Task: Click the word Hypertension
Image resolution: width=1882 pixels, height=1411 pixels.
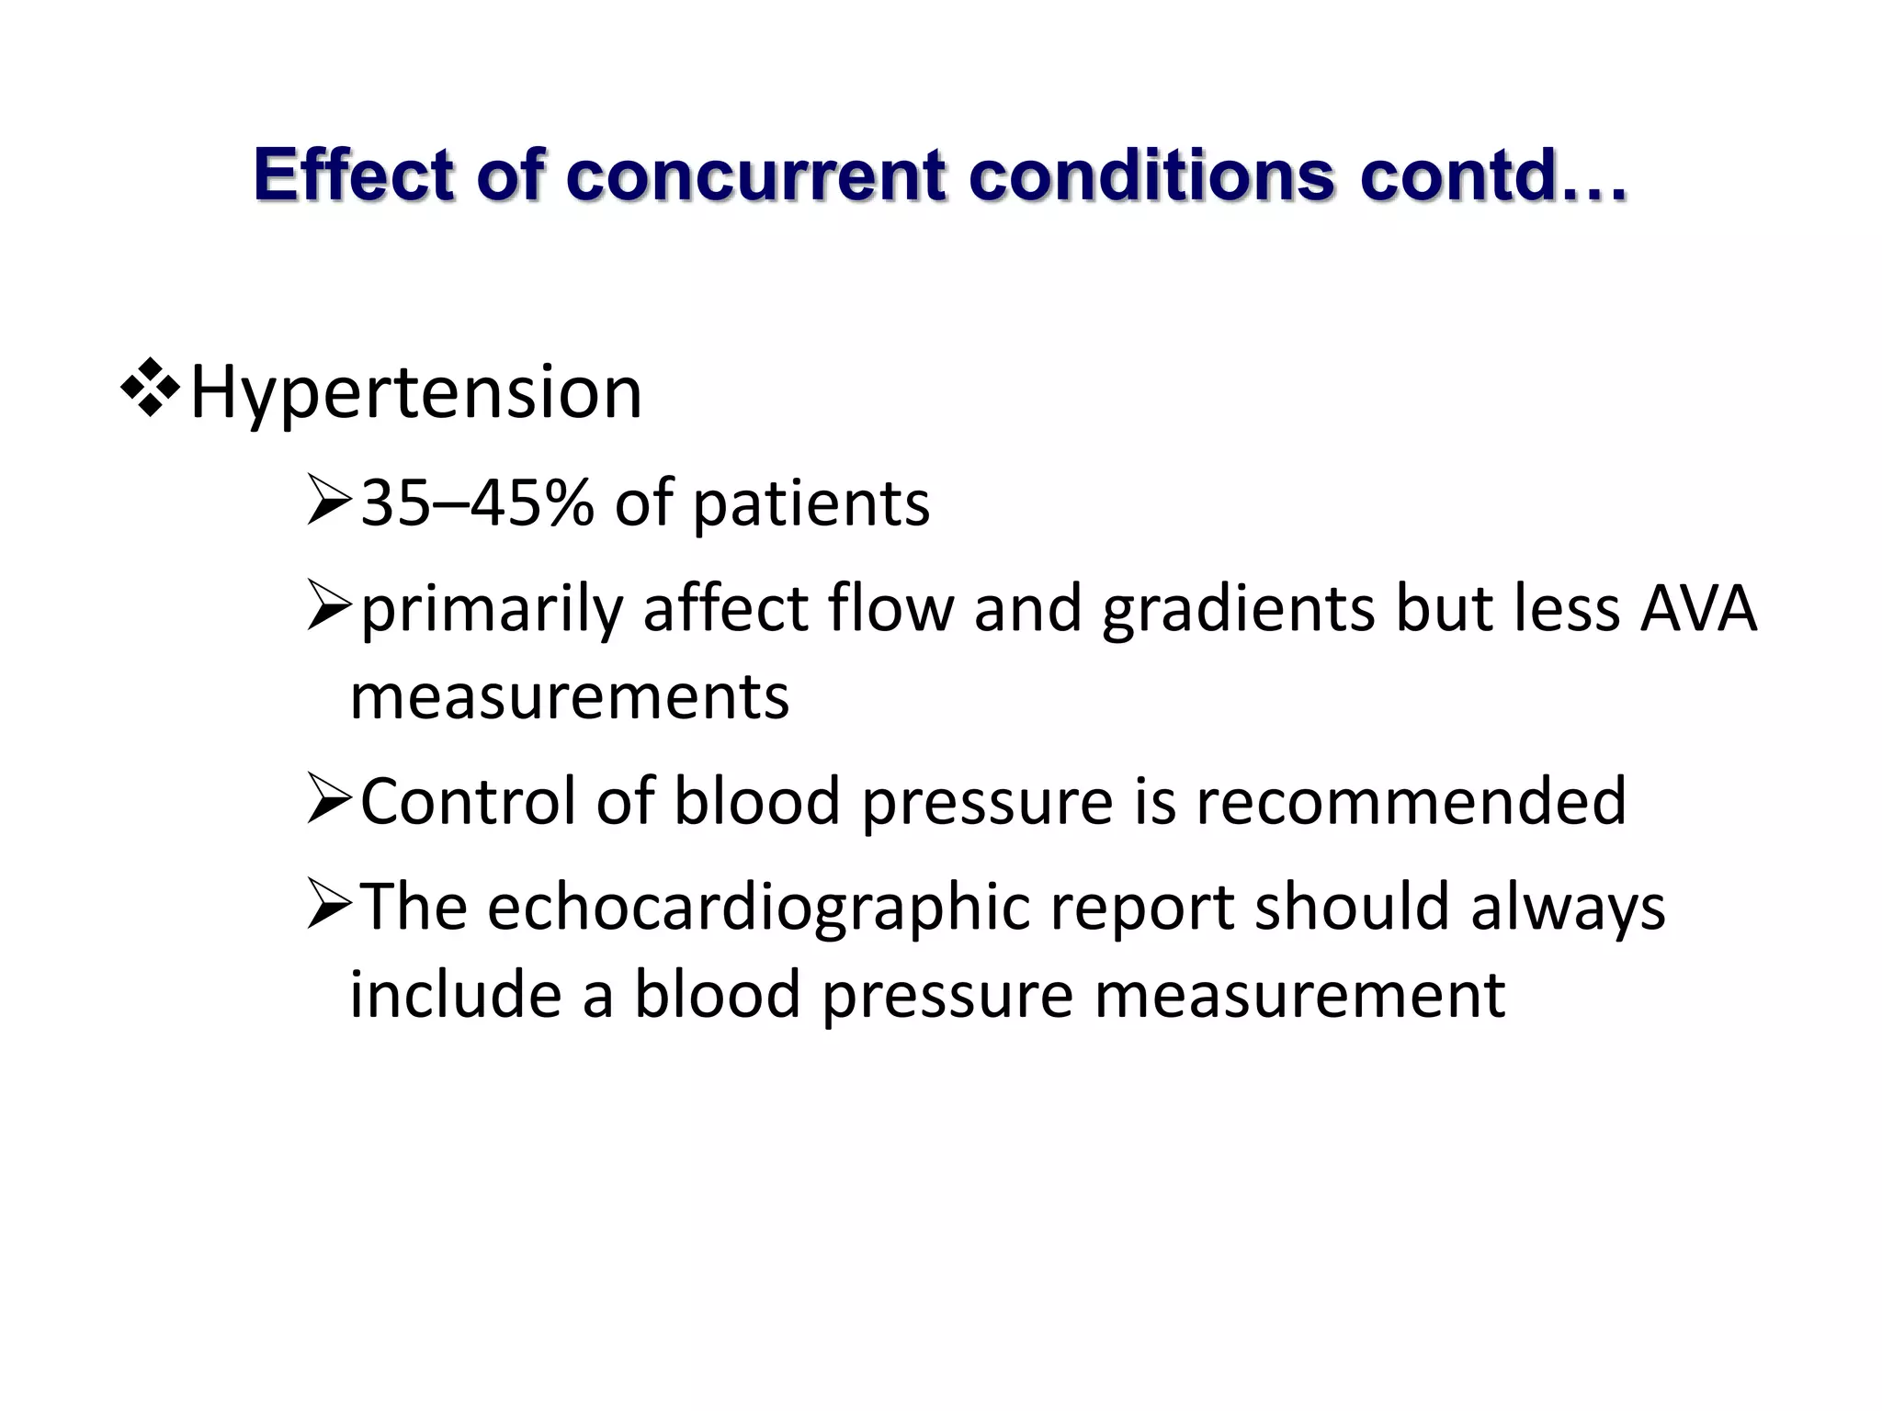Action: (x=415, y=393)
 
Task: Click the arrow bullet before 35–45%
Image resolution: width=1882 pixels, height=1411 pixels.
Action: (x=329, y=502)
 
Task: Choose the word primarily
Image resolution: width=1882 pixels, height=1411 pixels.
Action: (x=492, y=610)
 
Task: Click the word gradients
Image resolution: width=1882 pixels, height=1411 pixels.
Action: (x=1238, y=610)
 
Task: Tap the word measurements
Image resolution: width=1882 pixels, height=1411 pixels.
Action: (x=570, y=697)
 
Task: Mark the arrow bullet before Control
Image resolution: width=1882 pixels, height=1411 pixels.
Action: (x=329, y=799)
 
